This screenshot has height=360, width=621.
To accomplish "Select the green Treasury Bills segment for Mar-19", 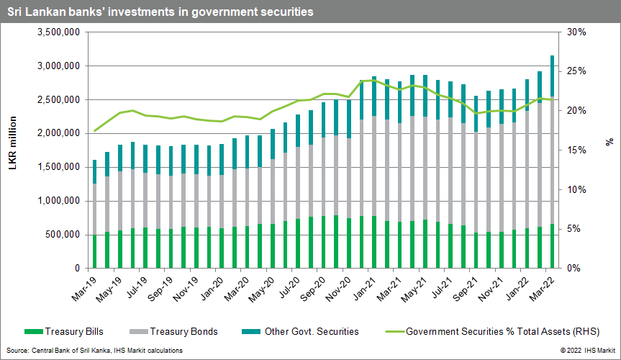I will tap(95, 251).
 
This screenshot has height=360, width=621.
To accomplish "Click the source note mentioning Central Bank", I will tap(94, 350).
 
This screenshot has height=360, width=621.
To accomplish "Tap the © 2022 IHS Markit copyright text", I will tap(585, 350).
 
